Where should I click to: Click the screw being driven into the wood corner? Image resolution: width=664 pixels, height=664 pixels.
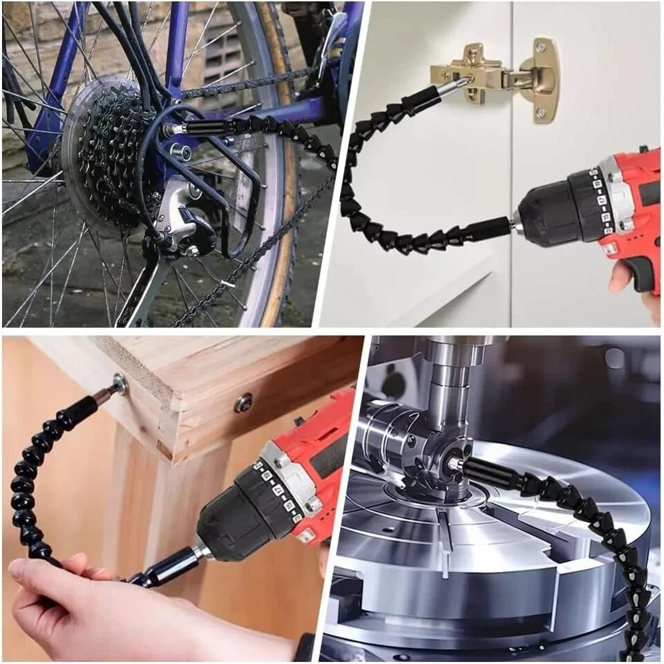click(x=120, y=383)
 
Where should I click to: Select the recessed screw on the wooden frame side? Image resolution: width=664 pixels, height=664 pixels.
click(x=243, y=402)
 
